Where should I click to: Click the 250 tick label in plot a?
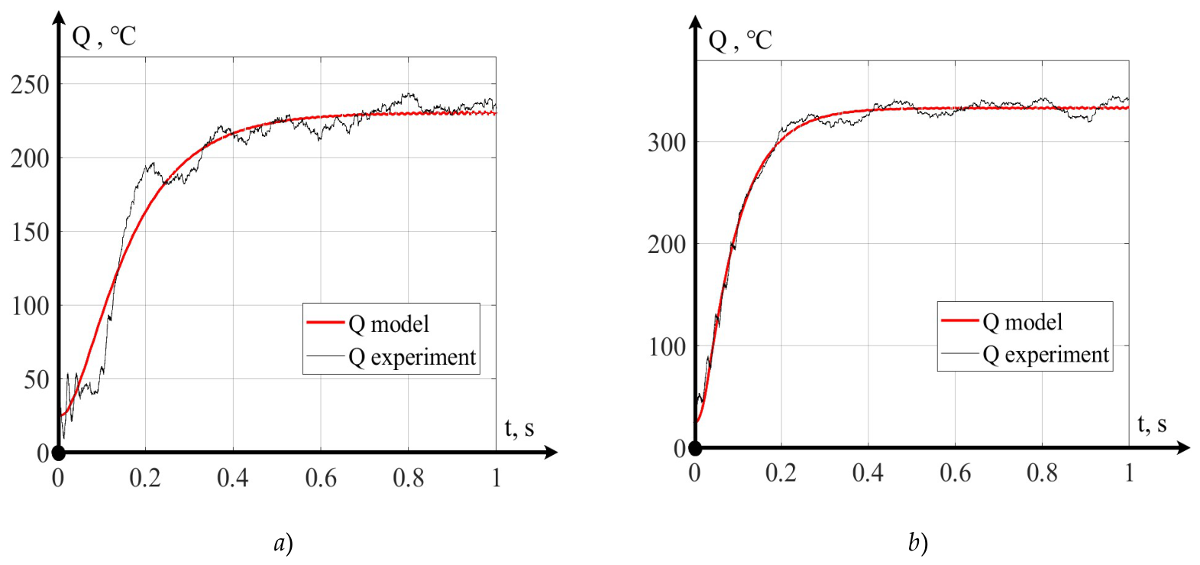click(30, 85)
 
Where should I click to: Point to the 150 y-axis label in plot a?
click(30, 232)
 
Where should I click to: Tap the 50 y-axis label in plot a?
click(36, 380)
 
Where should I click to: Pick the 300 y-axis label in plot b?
click(667, 143)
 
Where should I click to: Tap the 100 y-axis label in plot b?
click(667, 347)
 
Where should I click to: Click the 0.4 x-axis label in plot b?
click(868, 472)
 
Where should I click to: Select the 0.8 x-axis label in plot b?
click(1042, 472)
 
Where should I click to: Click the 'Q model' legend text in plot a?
click(389, 324)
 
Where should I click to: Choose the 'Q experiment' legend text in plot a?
click(412, 357)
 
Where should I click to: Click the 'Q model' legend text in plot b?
click(1023, 322)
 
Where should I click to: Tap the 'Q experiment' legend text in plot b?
click(1046, 354)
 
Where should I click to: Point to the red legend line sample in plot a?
click(325, 322)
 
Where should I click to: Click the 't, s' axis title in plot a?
click(519, 428)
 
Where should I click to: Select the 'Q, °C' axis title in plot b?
click(740, 40)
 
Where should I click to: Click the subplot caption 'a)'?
click(283, 544)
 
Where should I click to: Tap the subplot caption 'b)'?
click(918, 544)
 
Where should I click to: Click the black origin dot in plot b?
click(695, 448)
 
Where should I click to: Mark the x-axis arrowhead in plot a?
click(551, 453)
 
